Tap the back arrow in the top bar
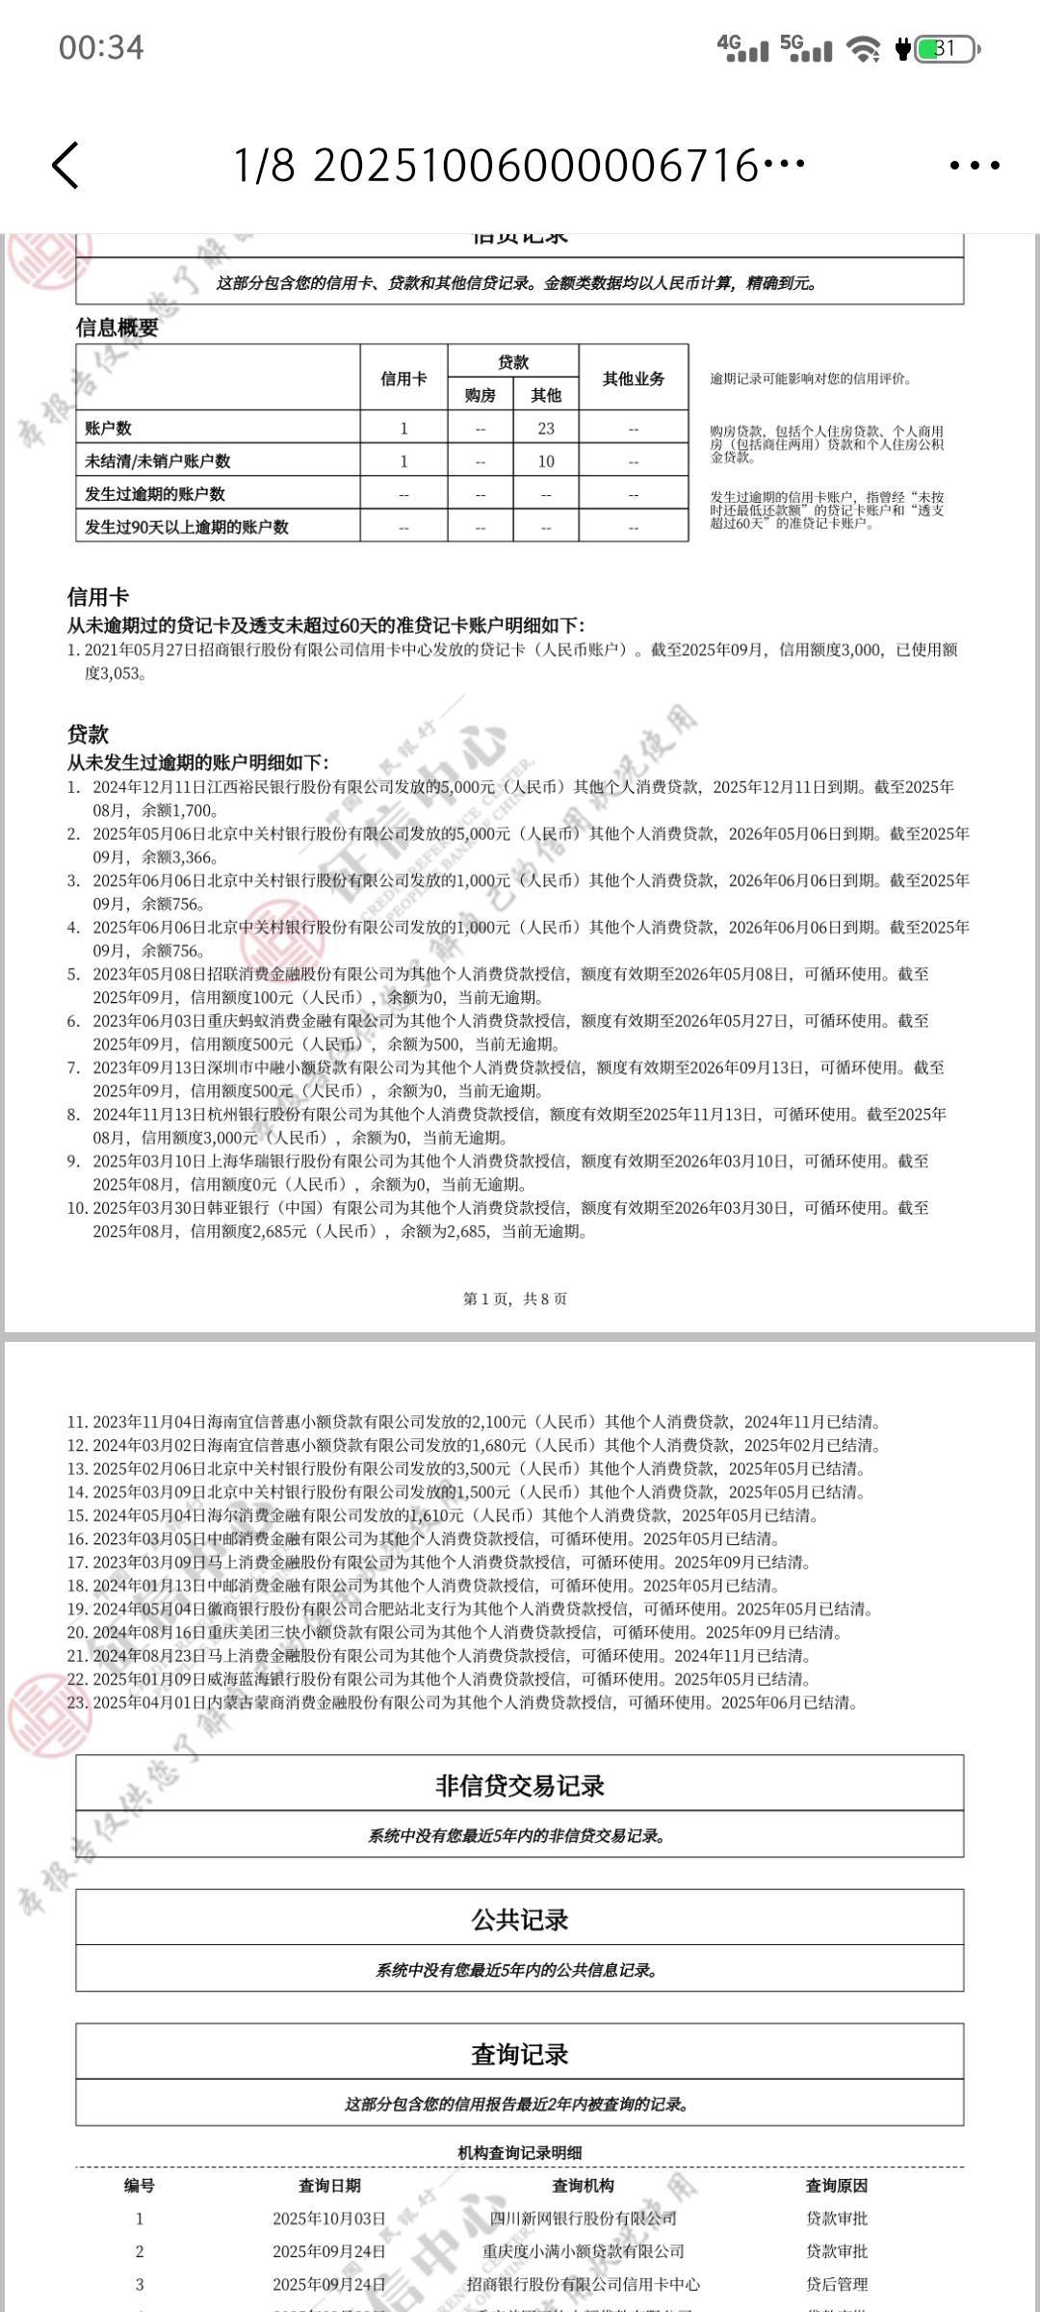pyautogui.click(x=65, y=165)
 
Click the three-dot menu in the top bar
pyautogui.click(x=975, y=166)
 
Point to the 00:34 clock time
pyautogui.click(x=101, y=47)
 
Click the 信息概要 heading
pyautogui.click(x=117, y=328)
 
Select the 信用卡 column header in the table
pyautogui.click(x=403, y=379)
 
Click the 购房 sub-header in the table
pyautogui.click(x=480, y=396)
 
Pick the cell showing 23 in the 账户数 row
pyautogui.click(x=546, y=429)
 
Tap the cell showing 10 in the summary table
pyautogui.click(x=546, y=461)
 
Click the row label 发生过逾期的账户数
pyautogui.click(x=155, y=494)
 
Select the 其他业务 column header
pyautogui.click(x=634, y=379)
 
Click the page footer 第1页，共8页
pyautogui.click(x=515, y=1299)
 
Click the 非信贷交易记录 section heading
pyautogui.click(x=520, y=1786)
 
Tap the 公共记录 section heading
pyautogui.click(x=520, y=1920)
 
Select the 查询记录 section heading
pyautogui.click(x=520, y=2054)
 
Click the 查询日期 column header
pyautogui.click(x=329, y=2186)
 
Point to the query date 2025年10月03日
pyautogui.click(x=329, y=2219)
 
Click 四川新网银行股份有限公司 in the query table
pyautogui.click(x=583, y=2219)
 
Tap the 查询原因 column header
pyautogui.click(x=837, y=2186)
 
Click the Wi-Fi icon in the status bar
pyautogui.click(x=863, y=49)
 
